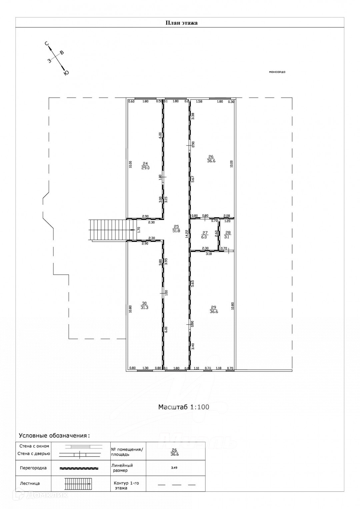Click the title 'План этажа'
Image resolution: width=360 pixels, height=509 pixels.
tap(182, 23)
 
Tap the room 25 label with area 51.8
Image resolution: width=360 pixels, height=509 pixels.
tap(176, 228)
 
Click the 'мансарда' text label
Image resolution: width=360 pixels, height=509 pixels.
tap(277, 72)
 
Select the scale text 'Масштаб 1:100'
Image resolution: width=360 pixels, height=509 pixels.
tap(184, 407)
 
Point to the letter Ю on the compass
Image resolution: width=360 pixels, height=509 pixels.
tap(66, 73)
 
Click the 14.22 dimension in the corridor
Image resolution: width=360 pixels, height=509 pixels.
tap(187, 235)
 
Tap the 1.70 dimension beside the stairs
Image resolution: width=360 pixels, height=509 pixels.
tap(139, 230)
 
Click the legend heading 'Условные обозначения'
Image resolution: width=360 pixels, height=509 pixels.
tap(54, 435)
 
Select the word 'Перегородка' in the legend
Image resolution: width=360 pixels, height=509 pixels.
tap(33, 468)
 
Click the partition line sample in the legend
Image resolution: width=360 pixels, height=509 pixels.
tap(79, 468)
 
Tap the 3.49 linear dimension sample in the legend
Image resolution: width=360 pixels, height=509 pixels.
tap(174, 468)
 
